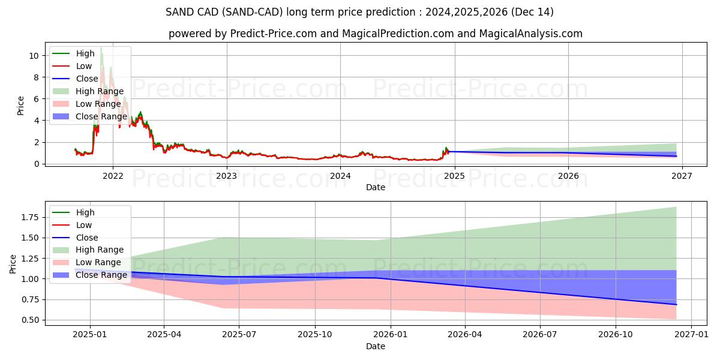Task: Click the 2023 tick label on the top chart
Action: pos(226,176)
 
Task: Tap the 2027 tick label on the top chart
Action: pos(682,176)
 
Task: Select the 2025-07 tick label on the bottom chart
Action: pos(239,334)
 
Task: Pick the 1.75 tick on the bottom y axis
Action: pos(30,217)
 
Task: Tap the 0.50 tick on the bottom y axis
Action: pos(30,320)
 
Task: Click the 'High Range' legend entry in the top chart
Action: pos(98,91)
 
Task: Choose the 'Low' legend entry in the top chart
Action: pos(84,66)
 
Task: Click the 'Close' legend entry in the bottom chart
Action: pos(87,238)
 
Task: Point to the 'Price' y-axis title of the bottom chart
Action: pos(14,264)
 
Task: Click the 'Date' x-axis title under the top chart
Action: pos(376,187)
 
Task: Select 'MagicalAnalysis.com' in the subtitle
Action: pos(529,34)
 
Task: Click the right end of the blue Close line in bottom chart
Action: pos(676,304)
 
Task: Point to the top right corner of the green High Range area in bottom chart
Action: pos(676,207)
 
